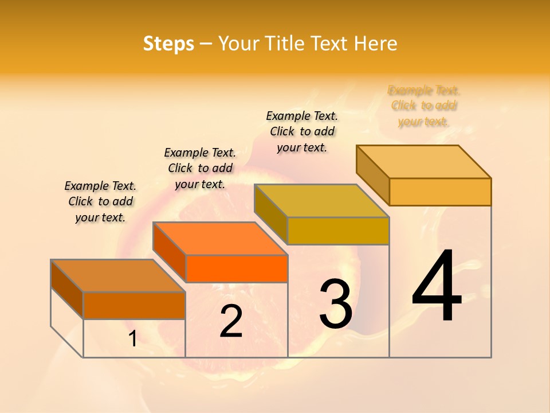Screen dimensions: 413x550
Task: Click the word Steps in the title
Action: click(x=168, y=44)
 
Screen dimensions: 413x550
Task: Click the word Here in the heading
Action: click(x=376, y=44)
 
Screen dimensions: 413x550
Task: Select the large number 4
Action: click(x=437, y=287)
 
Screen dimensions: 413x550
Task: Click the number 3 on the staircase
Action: click(x=336, y=304)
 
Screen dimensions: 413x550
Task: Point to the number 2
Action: click(x=231, y=321)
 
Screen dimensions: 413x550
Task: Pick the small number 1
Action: click(x=132, y=339)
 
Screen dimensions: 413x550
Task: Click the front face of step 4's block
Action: click(x=440, y=192)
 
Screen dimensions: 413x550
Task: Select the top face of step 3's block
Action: click(x=322, y=201)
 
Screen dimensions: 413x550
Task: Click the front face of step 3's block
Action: click(x=338, y=231)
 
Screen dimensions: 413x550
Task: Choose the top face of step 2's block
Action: click(x=220, y=239)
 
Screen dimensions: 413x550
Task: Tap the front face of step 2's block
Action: click(x=237, y=268)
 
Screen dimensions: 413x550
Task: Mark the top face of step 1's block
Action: click(x=118, y=276)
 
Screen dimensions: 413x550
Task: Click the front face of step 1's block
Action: click(x=134, y=305)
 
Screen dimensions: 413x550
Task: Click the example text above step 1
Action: click(x=100, y=201)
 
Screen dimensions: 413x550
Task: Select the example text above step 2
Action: click(x=200, y=168)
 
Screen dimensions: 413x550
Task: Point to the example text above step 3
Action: click(x=302, y=131)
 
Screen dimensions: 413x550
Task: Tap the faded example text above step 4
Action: click(x=424, y=106)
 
